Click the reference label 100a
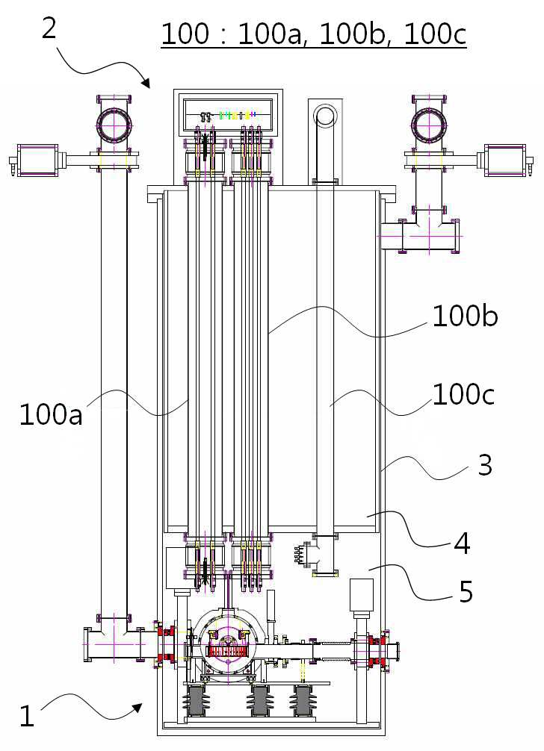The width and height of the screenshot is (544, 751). pyautogui.click(x=51, y=415)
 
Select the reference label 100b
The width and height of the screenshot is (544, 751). pyautogui.click(x=465, y=317)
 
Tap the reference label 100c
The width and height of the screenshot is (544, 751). pyautogui.click(x=463, y=395)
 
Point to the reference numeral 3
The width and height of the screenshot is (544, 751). pyautogui.click(x=485, y=465)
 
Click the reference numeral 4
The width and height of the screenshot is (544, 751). pyautogui.click(x=462, y=543)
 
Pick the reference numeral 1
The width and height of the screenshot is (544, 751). pyautogui.click(x=27, y=717)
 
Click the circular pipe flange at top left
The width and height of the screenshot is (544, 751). pyautogui.click(x=114, y=124)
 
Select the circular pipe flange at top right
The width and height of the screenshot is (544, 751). pyautogui.click(x=429, y=124)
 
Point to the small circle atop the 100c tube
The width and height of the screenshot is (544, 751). pyautogui.click(x=325, y=114)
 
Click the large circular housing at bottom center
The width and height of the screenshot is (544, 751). pyautogui.click(x=228, y=640)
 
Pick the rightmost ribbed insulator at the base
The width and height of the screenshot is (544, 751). pyautogui.click(x=301, y=702)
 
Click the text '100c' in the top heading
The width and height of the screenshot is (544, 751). pyautogui.click(x=435, y=35)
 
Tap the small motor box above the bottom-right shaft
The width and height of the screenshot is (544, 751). pyautogui.click(x=362, y=594)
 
